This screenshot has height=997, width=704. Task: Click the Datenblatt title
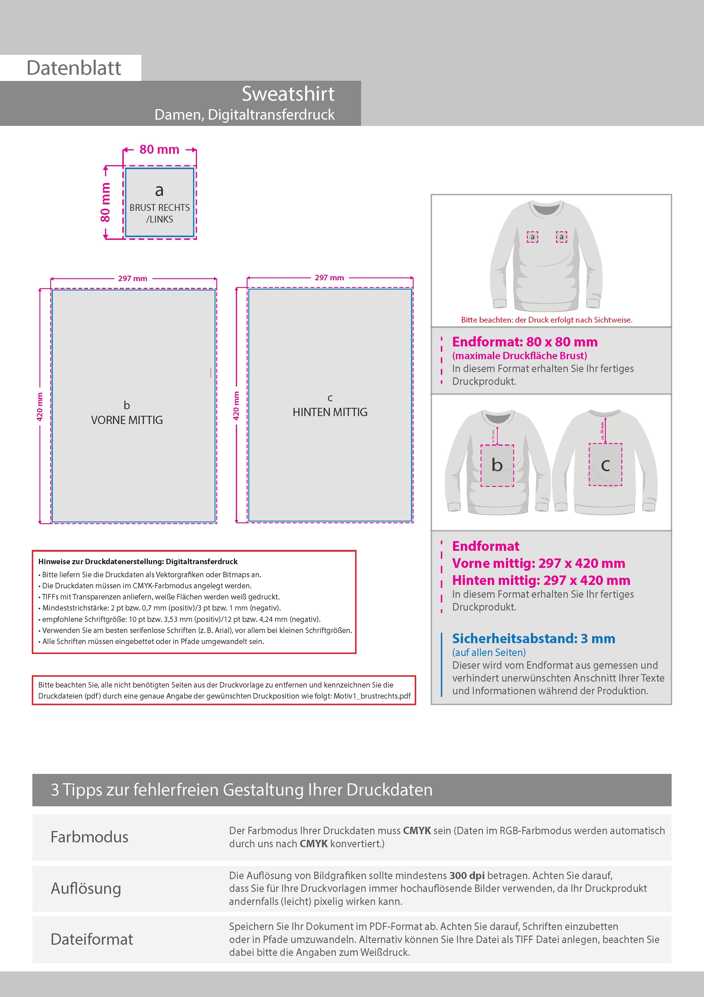pyautogui.click(x=74, y=68)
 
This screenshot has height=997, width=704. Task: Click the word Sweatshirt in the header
pyautogui.click(x=288, y=94)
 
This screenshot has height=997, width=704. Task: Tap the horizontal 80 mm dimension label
pyautogui.click(x=159, y=149)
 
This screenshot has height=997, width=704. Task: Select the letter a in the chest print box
pyautogui.click(x=159, y=190)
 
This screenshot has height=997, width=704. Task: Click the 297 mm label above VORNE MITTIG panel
pyautogui.click(x=133, y=278)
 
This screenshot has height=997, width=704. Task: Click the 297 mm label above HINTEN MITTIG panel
pyautogui.click(x=329, y=277)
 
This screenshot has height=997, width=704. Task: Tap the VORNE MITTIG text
pyautogui.click(x=127, y=420)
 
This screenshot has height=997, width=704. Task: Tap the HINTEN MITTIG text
pyautogui.click(x=330, y=412)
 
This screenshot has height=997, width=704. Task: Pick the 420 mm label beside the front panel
pyautogui.click(x=40, y=406)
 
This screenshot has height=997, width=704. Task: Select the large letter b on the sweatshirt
pyautogui.click(x=497, y=465)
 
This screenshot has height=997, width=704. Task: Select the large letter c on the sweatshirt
pyautogui.click(x=605, y=465)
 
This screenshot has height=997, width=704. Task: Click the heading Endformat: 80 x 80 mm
pyautogui.click(x=524, y=342)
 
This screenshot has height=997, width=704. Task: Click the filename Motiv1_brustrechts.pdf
pyautogui.click(x=372, y=696)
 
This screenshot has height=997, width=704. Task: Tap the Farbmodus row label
pyautogui.click(x=89, y=837)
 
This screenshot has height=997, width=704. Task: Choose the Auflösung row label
pyautogui.click(x=86, y=888)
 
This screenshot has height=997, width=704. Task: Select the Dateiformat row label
pyautogui.click(x=91, y=939)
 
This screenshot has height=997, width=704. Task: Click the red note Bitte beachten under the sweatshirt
pyautogui.click(x=546, y=320)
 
